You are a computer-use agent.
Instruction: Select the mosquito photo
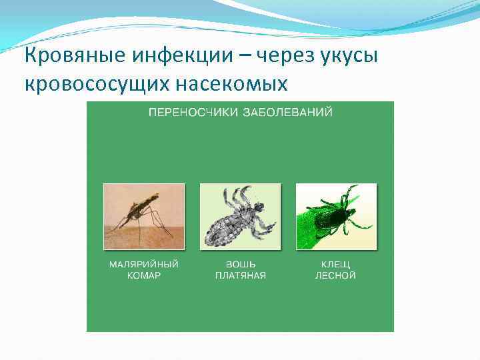click(x=143, y=217)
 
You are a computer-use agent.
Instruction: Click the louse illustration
click(x=240, y=217)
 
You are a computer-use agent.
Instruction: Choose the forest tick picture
click(x=336, y=217)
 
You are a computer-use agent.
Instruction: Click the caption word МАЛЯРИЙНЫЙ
click(x=144, y=264)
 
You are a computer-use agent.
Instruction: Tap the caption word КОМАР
click(x=144, y=275)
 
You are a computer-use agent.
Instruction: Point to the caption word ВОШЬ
click(x=240, y=264)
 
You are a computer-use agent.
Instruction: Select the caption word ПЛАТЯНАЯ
click(x=240, y=275)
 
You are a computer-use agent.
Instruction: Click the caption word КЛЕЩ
click(x=335, y=264)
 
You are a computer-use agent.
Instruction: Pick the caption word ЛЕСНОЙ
click(x=335, y=275)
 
